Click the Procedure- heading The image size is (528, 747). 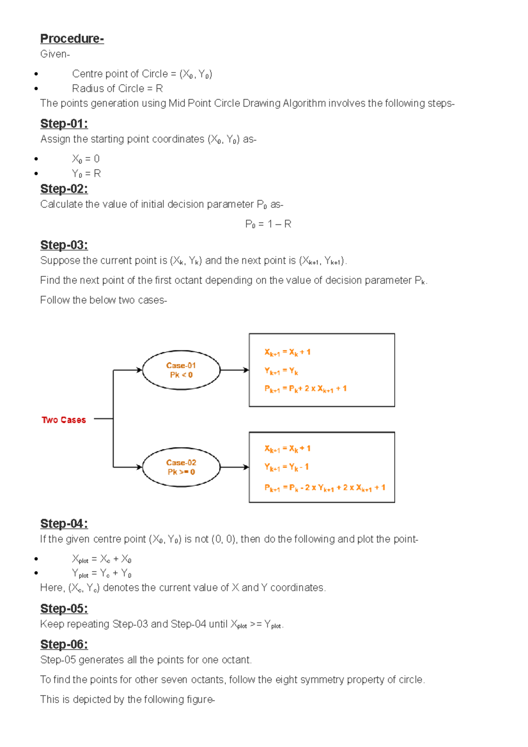point(72,39)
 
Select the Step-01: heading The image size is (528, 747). point(64,124)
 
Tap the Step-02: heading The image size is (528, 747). point(64,189)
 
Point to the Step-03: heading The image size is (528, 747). point(64,245)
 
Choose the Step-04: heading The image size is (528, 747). point(64,524)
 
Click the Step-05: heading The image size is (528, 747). point(64,608)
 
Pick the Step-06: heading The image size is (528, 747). point(64,644)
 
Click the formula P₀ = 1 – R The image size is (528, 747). point(268,224)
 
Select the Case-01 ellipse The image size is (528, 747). point(181,370)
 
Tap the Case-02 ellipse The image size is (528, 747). point(181,467)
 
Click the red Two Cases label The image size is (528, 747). point(64,420)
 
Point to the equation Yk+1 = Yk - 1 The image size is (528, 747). point(286,467)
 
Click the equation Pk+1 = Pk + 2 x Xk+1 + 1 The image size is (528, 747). point(305,389)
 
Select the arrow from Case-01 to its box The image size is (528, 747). point(234,370)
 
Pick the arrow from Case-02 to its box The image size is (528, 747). point(234,467)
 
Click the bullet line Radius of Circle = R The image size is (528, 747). point(117,89)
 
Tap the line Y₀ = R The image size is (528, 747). point(86,174)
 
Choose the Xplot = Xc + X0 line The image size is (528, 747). point(102,559)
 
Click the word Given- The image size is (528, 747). point(55,54)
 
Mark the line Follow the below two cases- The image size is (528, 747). point(103,300)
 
